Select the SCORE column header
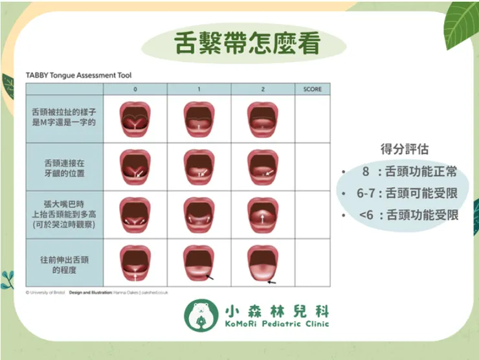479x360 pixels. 312,89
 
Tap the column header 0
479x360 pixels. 135,89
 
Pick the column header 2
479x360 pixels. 262,89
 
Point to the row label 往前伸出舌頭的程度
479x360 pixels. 63,263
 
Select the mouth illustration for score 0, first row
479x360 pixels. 135,119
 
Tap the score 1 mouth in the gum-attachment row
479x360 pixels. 199,167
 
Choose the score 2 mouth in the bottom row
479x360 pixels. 262,263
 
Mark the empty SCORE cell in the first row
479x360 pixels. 312,119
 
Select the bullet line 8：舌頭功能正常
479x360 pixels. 410,172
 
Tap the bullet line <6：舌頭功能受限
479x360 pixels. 410,214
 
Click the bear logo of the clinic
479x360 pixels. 198,314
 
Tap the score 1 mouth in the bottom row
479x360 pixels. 199,263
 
